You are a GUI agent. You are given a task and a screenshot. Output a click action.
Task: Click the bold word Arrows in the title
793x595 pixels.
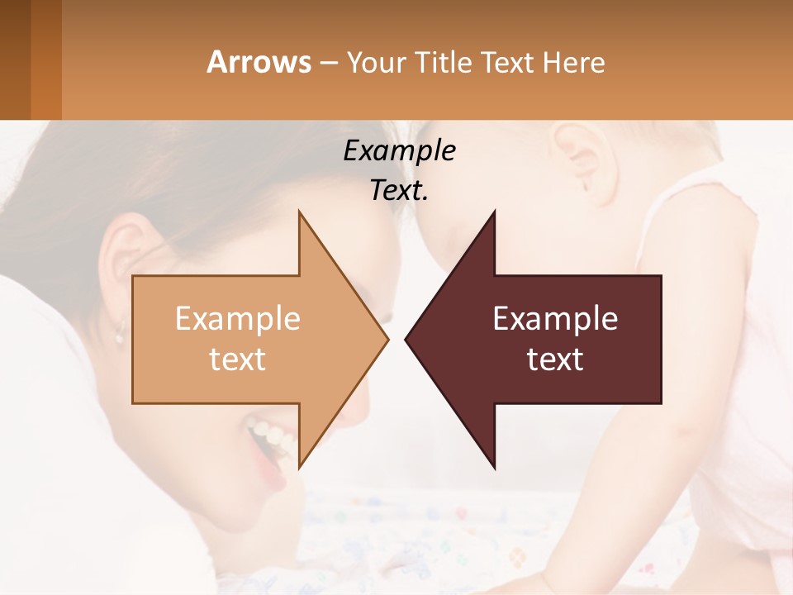[259, 62]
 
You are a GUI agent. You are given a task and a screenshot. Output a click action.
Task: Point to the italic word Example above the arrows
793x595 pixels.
[399, 150]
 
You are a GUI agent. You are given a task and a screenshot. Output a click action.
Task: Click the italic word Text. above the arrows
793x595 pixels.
[399, 190]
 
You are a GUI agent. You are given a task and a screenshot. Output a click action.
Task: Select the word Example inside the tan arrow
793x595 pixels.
[238, 318]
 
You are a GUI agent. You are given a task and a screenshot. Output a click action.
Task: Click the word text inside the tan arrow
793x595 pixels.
[238, 359]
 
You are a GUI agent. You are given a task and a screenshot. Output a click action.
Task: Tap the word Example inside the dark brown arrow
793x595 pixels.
[555, 318]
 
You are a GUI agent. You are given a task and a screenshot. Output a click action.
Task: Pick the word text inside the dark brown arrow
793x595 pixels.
[555, 359]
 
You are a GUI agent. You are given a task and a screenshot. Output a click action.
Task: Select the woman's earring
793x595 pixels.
[119, 337]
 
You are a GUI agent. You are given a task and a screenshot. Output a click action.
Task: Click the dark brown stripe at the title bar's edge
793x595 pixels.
[15, 59]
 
